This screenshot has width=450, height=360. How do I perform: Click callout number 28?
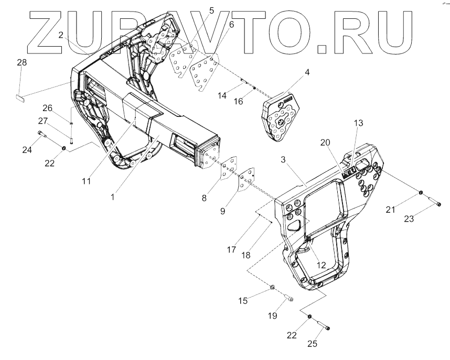tap(22, 63)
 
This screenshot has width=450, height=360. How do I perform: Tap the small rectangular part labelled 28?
tap(20, 96)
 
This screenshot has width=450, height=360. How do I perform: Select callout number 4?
tap(307, 72)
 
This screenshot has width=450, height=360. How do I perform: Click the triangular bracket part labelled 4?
tap(281, 118)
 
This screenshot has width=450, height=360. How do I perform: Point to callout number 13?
tap(358, 123)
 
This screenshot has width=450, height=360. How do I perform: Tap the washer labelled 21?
tap(421, 194)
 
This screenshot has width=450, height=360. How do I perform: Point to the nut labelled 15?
tap(273, 287)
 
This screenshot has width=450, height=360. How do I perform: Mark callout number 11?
tap(86, 181)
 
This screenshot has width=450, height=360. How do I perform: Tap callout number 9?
tap(222, 211)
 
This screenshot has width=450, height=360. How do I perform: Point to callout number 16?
tap(239, 101)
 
